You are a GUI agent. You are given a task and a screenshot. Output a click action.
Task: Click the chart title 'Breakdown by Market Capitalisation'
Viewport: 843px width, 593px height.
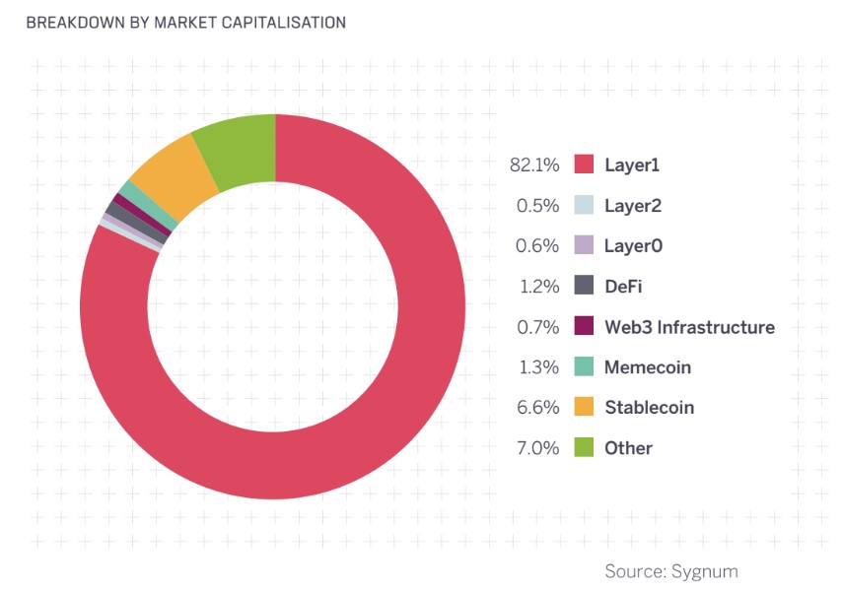coord(185,22)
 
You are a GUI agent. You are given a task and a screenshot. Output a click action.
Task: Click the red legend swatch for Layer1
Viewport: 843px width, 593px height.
coord(584,165)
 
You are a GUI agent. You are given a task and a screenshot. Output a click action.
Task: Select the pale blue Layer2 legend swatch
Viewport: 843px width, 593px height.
coord(584,205)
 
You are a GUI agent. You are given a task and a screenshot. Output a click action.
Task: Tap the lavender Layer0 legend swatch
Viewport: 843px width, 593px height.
coord(584,245)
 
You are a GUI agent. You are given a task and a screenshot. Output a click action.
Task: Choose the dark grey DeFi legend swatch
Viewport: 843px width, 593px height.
coord(584,286)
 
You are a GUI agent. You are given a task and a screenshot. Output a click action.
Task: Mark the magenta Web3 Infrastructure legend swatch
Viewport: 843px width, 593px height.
coord(584,326)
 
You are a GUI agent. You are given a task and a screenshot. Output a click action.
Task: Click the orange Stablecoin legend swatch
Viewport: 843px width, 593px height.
coord(584,407)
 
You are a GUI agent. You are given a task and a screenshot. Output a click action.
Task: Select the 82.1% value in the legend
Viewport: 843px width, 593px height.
coord(534,165)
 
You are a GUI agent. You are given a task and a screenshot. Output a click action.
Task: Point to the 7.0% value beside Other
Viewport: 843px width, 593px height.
coord(539,447)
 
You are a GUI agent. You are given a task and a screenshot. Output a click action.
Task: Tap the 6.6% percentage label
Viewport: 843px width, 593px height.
coord(539,407)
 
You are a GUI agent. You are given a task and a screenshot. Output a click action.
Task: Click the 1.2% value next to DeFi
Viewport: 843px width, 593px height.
coord(539,286)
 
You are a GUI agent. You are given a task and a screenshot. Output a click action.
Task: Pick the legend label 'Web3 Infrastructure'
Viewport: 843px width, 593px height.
coord(689,326)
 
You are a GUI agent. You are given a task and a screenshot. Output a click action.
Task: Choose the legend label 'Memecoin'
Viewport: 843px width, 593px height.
coord(647,366)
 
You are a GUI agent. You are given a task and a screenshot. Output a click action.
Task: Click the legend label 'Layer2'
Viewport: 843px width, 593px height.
coord(632,205)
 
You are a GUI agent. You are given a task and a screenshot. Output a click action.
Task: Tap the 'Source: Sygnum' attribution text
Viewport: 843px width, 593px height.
coord(670,570)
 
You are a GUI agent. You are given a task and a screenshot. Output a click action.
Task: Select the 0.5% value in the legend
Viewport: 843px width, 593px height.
coord(539,205)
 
